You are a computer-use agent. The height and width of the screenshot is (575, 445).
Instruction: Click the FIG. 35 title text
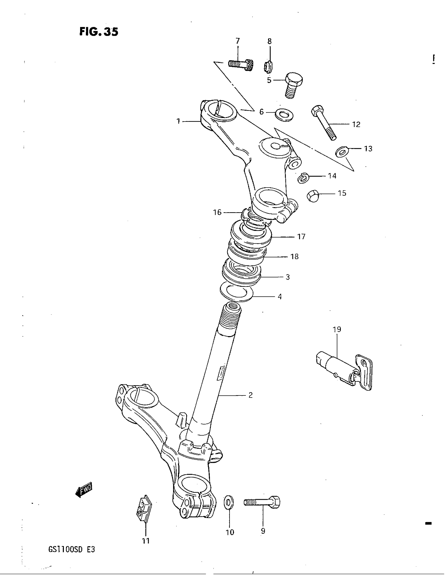tap(99, 32)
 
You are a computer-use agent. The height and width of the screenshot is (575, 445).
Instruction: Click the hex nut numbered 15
tap(313, 196)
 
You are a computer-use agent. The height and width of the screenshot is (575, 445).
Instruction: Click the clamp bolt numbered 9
tap(263, 503)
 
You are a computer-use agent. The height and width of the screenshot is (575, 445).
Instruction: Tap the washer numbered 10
tap(228, 502)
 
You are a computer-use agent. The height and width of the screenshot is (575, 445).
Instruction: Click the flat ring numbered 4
tap(236, 292)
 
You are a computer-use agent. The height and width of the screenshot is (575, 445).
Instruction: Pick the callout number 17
tap(301, 237)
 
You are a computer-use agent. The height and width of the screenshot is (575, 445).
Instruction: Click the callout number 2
tap(250, 395)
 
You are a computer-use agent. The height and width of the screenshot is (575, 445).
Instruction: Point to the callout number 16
tap(217, 212)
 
